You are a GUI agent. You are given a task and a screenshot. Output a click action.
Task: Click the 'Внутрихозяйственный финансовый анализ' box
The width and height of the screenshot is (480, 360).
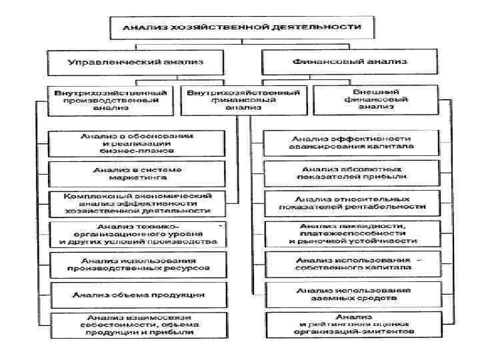(243, 98)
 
